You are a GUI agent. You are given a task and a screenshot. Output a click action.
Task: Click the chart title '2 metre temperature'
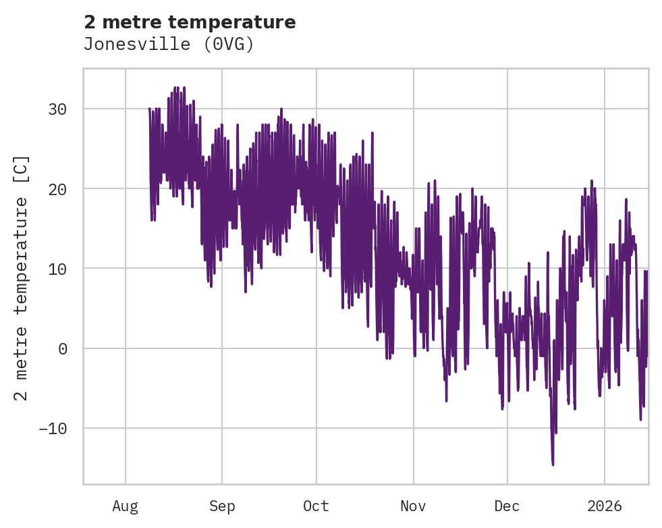click(190, 22)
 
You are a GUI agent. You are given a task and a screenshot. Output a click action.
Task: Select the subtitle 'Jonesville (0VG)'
click(168, 45)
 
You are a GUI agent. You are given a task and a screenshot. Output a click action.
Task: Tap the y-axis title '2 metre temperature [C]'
click(22, 277)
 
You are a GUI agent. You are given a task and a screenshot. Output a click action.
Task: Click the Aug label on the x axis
click(126, 506)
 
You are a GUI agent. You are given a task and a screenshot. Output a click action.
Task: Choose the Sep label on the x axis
click(221, 506)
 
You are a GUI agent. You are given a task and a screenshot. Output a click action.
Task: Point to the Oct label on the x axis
click(316, 506)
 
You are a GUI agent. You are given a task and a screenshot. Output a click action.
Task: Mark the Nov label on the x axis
click(413, 506)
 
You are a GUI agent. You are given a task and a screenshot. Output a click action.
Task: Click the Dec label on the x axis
click(507, 506)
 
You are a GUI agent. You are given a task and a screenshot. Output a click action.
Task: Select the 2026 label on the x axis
click(604, 506)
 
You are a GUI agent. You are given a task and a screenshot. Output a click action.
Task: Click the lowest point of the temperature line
click(553, 465)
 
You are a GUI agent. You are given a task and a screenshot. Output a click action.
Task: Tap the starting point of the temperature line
click(149, 109)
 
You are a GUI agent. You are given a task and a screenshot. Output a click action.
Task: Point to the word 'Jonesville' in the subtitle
click(126, 45)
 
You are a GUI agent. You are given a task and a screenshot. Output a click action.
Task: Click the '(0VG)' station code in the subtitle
click(231, 45)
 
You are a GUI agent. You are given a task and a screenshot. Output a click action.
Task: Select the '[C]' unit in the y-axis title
click(22, 166)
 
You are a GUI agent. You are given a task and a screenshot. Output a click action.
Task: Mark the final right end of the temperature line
click(647, 271)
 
